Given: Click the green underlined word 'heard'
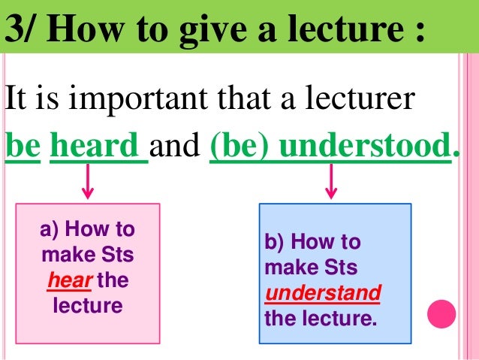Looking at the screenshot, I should pos(98,145).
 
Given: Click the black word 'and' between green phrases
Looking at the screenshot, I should pos(179,145).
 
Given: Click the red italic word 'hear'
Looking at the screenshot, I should pos(63,281).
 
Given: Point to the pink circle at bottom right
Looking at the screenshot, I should pos(442,313).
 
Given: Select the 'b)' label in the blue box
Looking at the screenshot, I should pos(274,242).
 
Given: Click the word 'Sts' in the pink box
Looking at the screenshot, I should pos(119,256).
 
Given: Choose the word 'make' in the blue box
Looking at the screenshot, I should pos(286,268).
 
